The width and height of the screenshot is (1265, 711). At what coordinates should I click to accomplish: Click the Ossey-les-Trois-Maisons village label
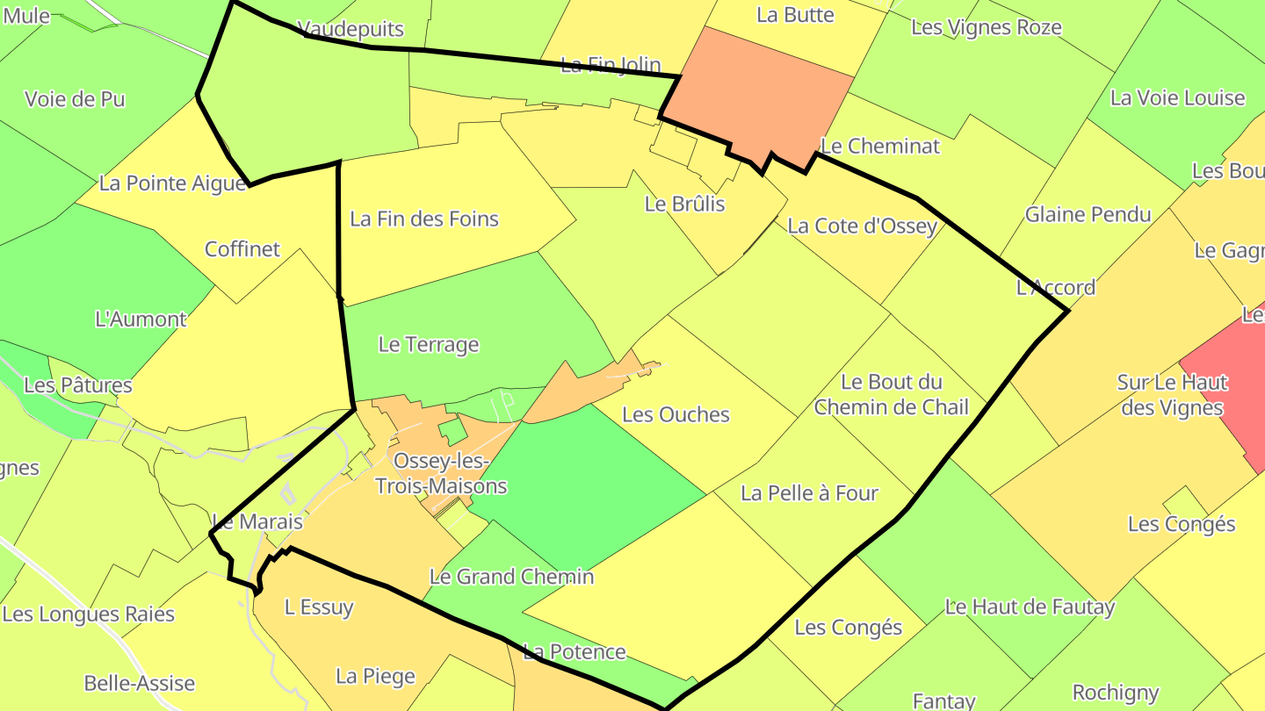(x=441, y=473)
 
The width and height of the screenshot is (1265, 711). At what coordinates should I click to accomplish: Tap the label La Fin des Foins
(x=424, y=219)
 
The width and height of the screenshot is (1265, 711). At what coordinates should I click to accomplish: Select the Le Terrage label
(x=429, y=344)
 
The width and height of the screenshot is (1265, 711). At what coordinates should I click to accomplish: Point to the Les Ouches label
(x=676, y=414)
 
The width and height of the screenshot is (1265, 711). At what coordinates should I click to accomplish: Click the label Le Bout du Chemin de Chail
(x=891, y=394)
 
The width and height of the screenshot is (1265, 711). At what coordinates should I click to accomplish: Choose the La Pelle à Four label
(x=809, y=493)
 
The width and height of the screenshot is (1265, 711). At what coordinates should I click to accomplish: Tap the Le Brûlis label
(x=685, y=204)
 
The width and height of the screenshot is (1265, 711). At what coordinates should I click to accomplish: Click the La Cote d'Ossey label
(x=862, y=226)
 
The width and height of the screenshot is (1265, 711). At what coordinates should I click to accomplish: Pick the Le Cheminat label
(x=880, y=146)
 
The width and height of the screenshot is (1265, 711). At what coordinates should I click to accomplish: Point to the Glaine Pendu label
(x=1088, y=214)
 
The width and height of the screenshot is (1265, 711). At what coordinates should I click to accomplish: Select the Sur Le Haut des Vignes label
(x=1172, y=395)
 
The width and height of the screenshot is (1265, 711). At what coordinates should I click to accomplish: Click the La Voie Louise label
(x=1177, y=97)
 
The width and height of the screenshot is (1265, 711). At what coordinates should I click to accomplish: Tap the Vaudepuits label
(x=351, y=28)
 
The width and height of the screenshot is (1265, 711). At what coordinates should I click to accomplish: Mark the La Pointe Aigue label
(x=172, y=183)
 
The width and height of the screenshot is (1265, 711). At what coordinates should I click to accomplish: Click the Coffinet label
(x=242, y=249)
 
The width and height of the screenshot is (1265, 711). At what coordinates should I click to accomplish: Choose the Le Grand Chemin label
(x=511, y=577)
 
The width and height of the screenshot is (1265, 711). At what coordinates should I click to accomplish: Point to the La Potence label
(x=575, y=651)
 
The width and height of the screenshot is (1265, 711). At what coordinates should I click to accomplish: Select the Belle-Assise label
(x=140, y=683)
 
